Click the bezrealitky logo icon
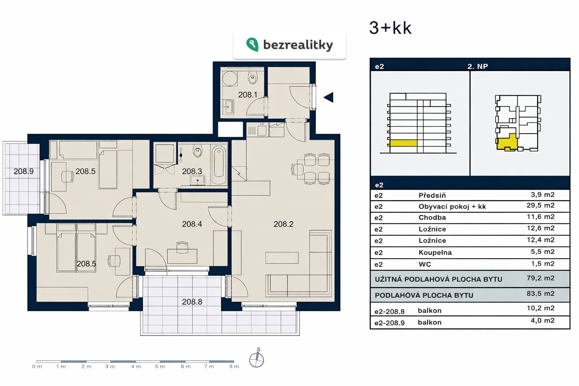[x=252, y=44]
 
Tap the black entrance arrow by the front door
[x=328, y=97]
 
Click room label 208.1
[x=248, y=95]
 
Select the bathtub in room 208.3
[x=219, y=165]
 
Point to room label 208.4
[x=192, y=224]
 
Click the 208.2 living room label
[x=283, y=224]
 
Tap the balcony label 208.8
[x=192, y=302]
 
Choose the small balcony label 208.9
[x=23, y=171]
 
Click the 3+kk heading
[x=390, y=28]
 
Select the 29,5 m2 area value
[x=541, y=205]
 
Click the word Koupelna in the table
[x=435, y=252]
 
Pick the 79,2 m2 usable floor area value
[x=541, y=278]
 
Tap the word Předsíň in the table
[x=432, y=195]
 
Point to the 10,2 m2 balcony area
[x=541, y=308]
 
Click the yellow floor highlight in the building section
[x=403, y=143]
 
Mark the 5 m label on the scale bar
[x=160, y=366]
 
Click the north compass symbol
[x=256, y=358]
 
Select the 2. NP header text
[x=478, y=66]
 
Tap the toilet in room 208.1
[x=252, y=77]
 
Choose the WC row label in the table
[x=425, y=264]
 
